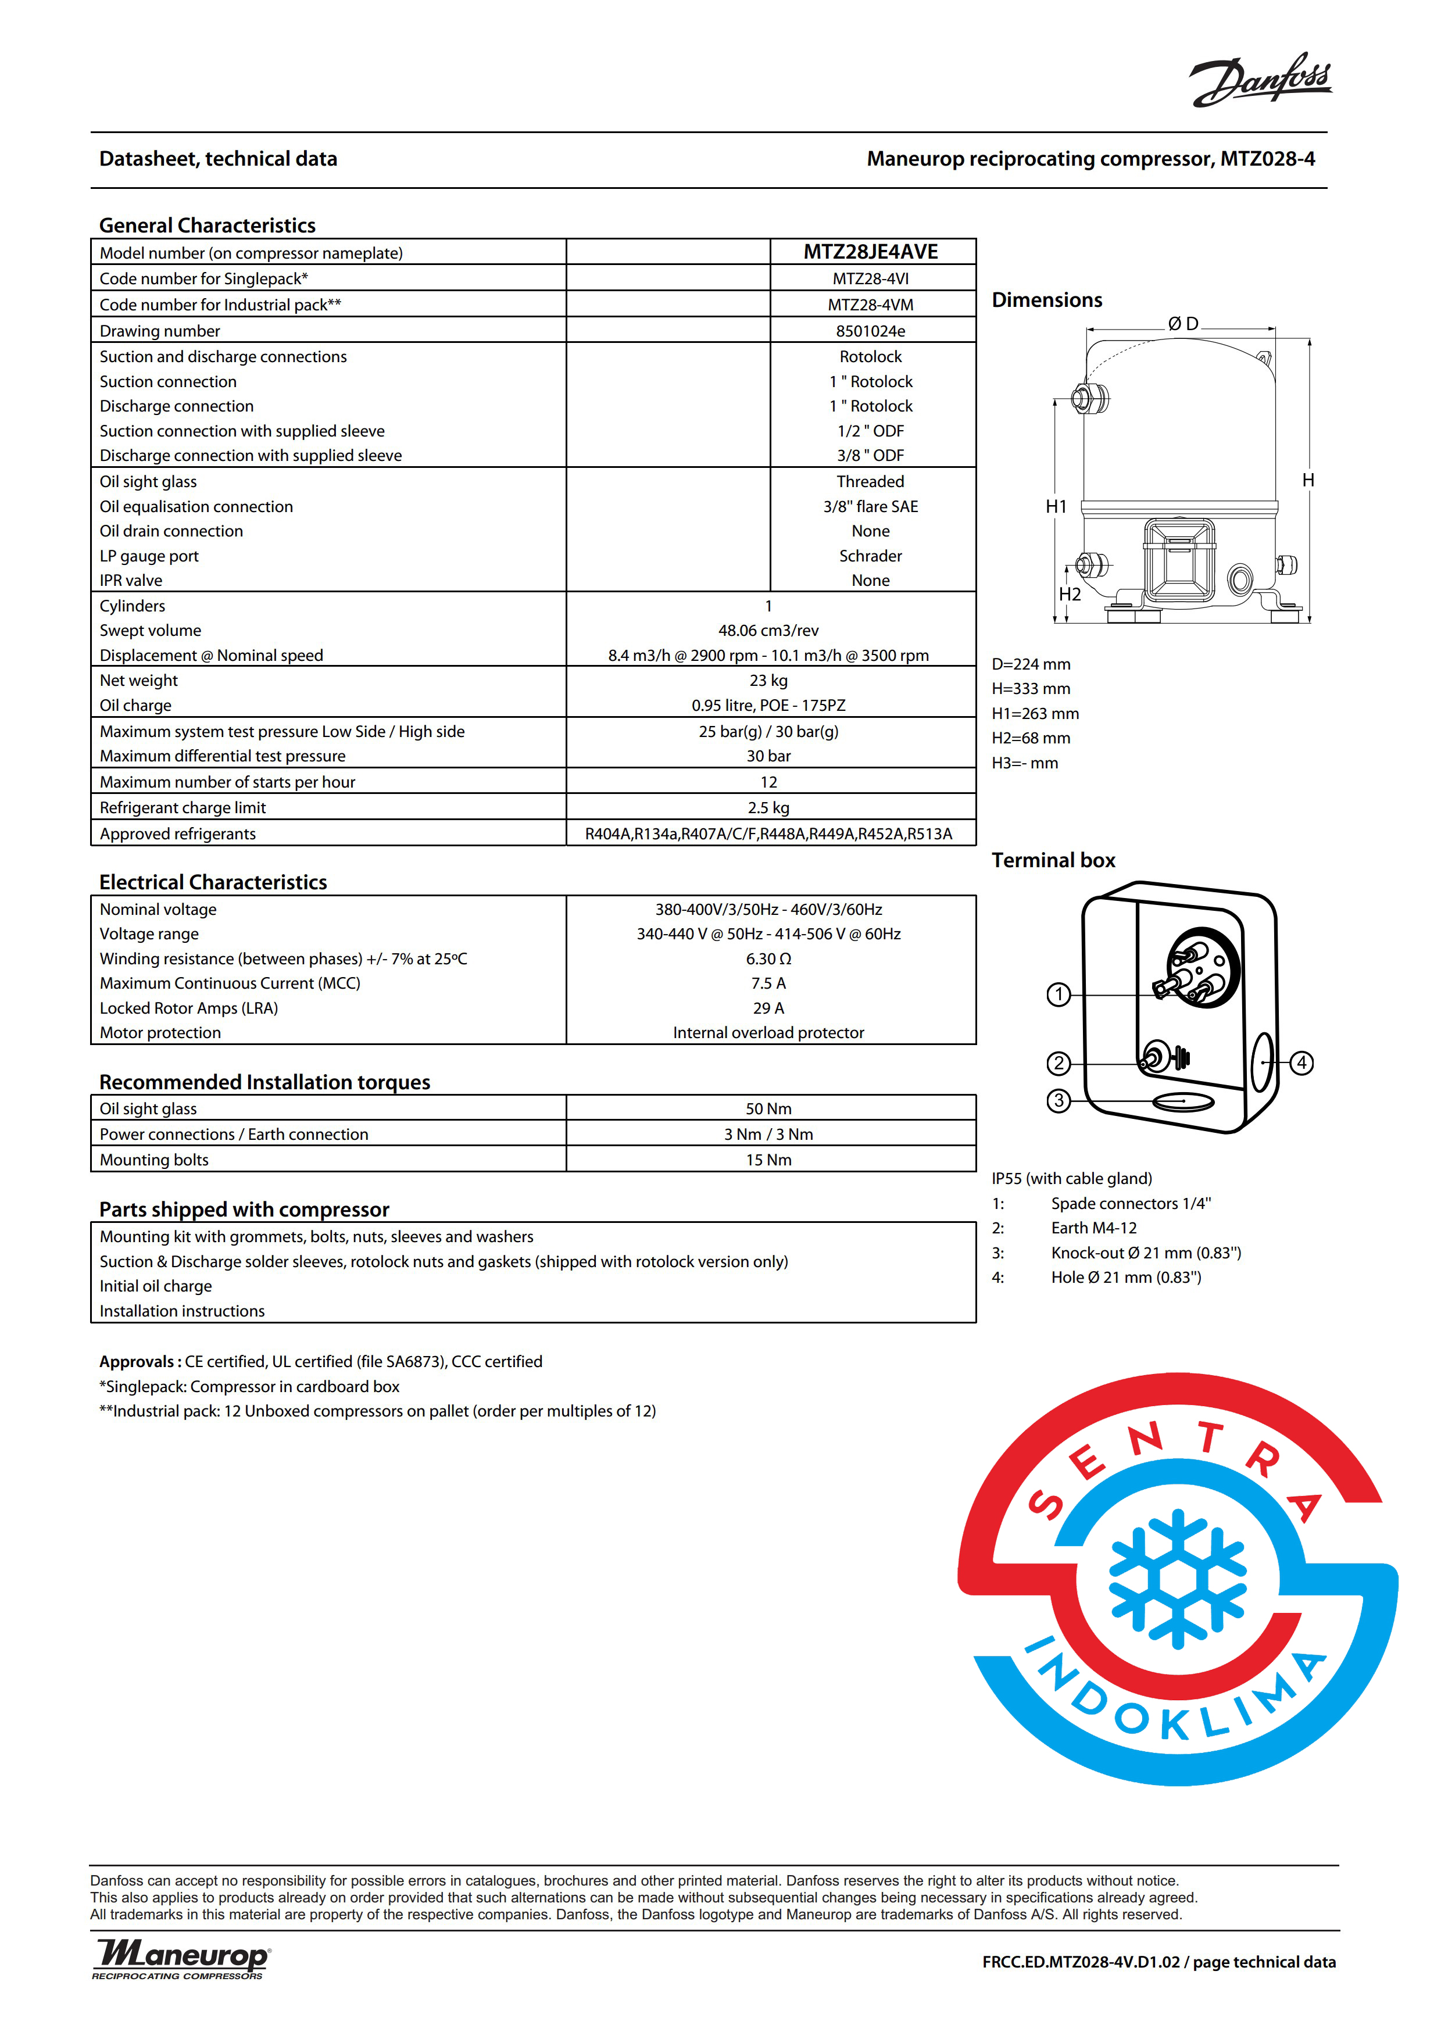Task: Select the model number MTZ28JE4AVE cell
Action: coord(870,252)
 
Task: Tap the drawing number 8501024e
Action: coord(870,331)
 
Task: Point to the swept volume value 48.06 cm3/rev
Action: coord(768,631)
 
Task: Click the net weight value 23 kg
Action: coord(768,680)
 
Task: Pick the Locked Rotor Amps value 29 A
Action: coord(768,1008)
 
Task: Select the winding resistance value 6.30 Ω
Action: coord(768,959)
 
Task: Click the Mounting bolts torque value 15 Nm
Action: coord(768,1160)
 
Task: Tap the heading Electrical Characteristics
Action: coord(213,882)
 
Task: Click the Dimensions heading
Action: coord(1047,300)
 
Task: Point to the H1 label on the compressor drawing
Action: coord(1056,507)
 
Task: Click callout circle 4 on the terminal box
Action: coord(1301,1063)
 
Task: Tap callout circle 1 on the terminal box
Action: coord(1059,995)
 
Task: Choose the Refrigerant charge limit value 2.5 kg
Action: coord(768,808)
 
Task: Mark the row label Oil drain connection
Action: coord(171,531)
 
